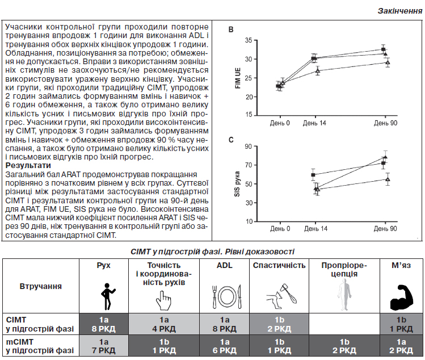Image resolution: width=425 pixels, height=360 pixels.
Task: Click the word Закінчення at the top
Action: [x=400, y=11]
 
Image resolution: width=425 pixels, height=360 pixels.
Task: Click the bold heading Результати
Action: [x=28, y=165]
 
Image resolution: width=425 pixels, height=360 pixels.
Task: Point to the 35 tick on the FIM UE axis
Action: [x=249, y=40]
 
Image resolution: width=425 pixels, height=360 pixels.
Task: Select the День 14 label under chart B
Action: [x=314, y=123]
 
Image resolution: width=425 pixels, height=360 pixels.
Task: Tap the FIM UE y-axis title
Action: [x=238, y=78]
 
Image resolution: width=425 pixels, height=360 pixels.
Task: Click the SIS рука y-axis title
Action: [x=237, y=184]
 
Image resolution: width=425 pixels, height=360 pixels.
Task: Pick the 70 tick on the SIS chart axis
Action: [x=249, y=165]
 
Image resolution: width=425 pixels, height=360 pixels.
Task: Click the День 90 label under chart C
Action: [x=385, y=229]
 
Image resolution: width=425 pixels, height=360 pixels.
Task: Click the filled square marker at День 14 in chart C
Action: [x=313, y=175]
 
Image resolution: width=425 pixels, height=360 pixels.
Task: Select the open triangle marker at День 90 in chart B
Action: [x=388, y=62]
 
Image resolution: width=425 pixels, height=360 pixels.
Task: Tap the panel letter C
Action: [x=231, y=140]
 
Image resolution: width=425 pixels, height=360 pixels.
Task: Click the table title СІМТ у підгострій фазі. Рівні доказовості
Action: [x=212, y=252]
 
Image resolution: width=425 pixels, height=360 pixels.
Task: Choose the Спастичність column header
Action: [x=279, y=265]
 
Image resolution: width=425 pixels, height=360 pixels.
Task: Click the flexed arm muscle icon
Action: [x=402, y=297]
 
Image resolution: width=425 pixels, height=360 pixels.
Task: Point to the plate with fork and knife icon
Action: [x=226, y=296]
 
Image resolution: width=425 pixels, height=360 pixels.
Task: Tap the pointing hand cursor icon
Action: [x=163, y=300]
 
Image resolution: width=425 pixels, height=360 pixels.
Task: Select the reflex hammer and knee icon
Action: [x=281, y=296]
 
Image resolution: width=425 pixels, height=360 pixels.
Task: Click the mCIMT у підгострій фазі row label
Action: [x=40, y=346]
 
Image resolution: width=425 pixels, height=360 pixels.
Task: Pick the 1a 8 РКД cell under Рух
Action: [x=103, y=324]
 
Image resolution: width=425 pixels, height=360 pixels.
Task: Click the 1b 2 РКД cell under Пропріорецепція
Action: [x=344, y=346]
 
